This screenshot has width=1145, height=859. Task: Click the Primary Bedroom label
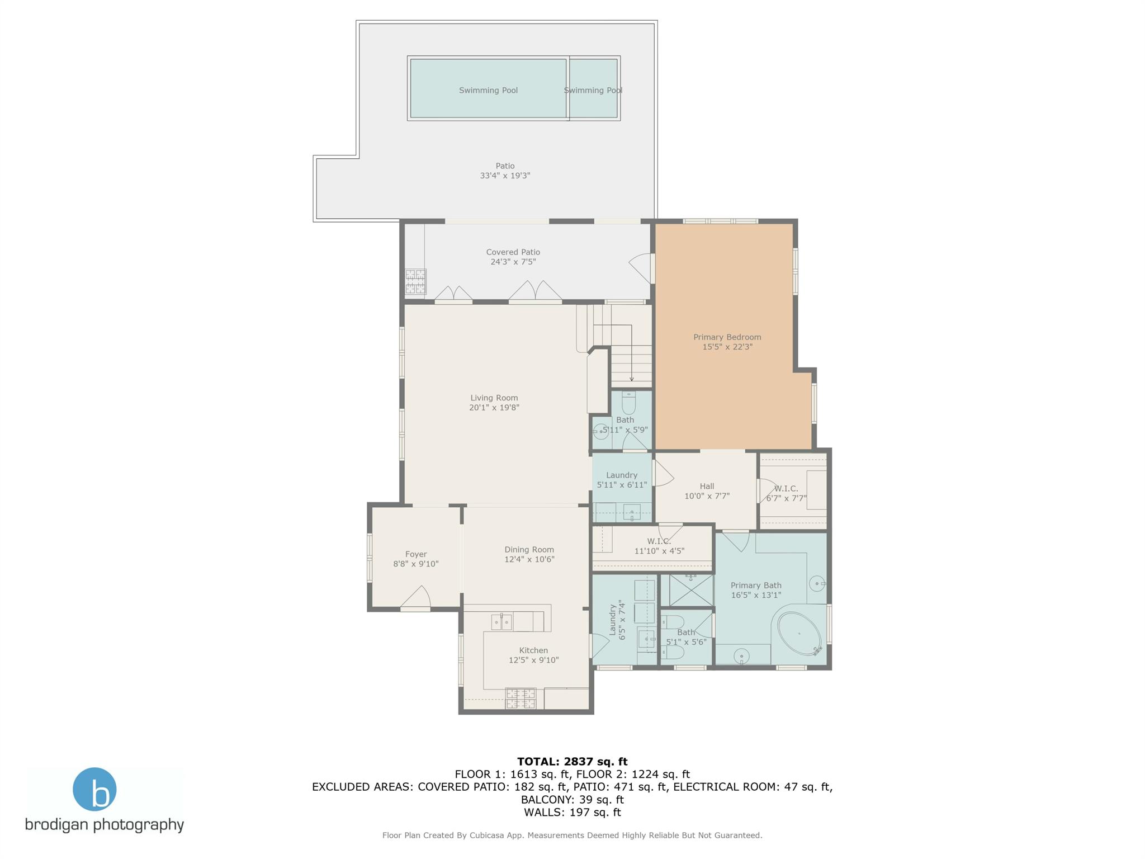pos(727,337)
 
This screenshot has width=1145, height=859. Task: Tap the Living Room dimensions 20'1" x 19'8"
pos(494,408)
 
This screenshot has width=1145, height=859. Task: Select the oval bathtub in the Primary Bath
pos(798,634)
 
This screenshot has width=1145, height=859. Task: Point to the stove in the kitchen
pos(520,698)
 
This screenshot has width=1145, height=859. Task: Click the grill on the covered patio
pos(415,281)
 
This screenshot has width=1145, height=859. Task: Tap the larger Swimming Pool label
pos(488,90)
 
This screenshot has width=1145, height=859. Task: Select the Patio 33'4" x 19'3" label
pos(505,171)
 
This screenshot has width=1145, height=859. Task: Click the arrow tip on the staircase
pos(632,379)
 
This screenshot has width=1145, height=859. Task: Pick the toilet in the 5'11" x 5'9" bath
pos(628,402)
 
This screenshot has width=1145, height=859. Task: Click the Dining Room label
pos(529,549)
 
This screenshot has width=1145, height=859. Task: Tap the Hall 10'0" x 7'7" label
pos(707,491)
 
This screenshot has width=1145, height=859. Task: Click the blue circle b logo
pos(94,789)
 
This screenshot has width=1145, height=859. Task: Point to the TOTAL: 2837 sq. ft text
pos(572,761)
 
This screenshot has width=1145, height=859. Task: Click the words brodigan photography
pos(105,824)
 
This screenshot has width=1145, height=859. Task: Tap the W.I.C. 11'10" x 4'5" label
pos(659,546)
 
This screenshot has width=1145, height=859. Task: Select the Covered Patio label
pos(513,252)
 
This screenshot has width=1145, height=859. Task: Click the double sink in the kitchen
pos(501,622)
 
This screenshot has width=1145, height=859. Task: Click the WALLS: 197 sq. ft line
pos(572,812)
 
